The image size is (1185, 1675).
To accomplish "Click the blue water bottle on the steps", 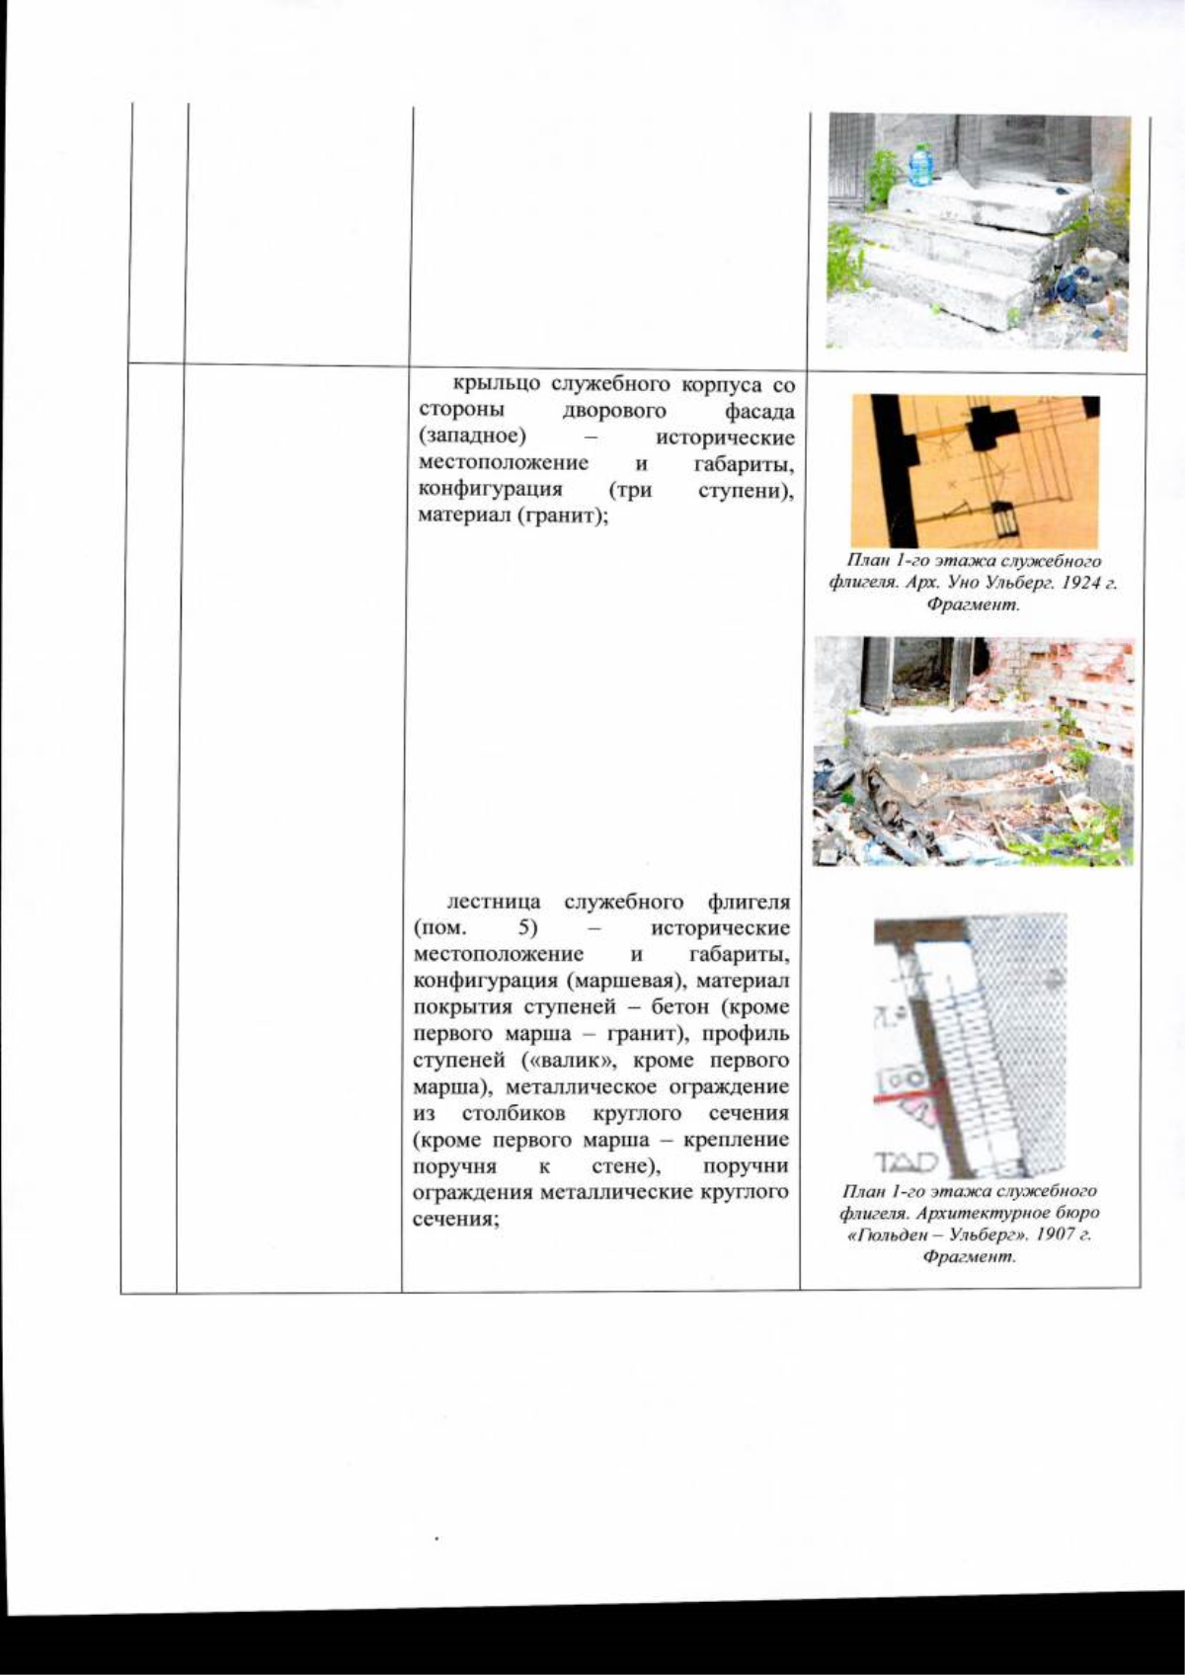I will click(920, 165).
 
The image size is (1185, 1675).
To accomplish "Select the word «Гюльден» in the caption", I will click(896, 1236).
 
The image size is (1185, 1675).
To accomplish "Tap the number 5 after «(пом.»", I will click(522, 928).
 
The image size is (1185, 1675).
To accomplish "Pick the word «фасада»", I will click(759, 411).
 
